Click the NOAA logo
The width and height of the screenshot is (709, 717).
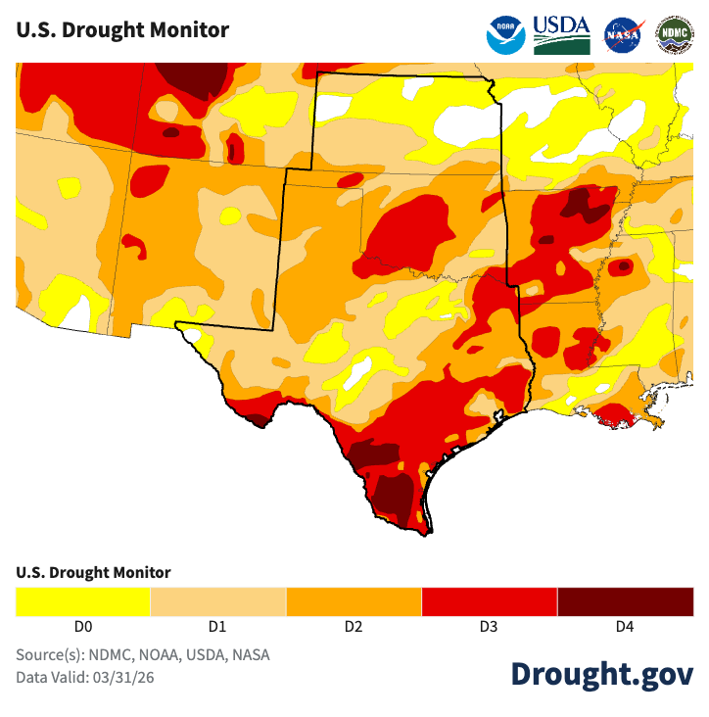506,34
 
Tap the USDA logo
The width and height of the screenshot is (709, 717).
562,34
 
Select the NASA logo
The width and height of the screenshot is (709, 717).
623,34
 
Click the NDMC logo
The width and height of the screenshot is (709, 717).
674,34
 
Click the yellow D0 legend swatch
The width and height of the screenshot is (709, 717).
83,601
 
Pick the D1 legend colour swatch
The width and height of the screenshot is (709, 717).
218,601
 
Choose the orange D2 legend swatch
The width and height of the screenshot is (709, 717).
354,601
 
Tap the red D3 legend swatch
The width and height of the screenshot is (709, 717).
489,601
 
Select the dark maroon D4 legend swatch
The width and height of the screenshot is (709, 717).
625,601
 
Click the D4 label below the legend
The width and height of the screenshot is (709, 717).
624,627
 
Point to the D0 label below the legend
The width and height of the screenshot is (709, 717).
83,627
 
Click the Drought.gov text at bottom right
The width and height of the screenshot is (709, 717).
601,674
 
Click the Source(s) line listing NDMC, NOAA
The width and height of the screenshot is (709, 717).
142,654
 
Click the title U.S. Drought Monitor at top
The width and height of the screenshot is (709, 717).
122,29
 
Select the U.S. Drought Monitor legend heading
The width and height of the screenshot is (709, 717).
93,572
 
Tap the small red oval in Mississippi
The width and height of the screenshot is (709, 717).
623,265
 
